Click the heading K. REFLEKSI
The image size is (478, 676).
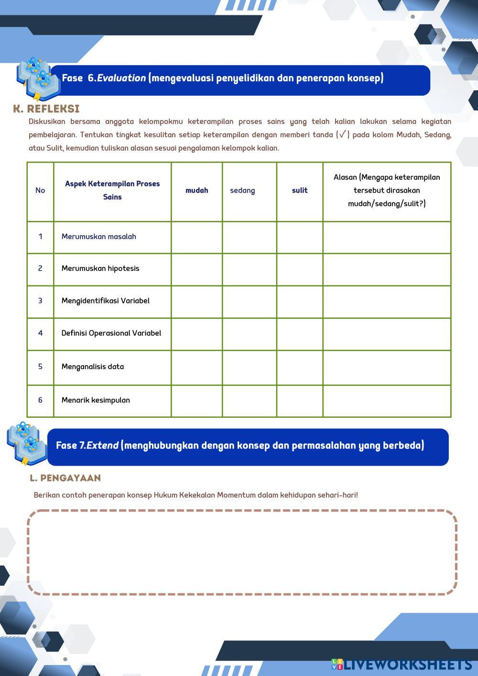pos(46,109)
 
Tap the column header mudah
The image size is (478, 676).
pos(197,191)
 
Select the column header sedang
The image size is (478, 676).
pos(242,191)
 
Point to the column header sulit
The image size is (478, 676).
pos(300,191)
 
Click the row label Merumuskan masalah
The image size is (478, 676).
pos(99,237)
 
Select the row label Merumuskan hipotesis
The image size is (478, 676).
pos(100,269)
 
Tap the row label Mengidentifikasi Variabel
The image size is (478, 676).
pos(106,301)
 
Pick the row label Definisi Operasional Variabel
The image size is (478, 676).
pos(111,333)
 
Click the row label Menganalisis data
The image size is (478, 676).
pos(93,367)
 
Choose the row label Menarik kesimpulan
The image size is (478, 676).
pos(96,400)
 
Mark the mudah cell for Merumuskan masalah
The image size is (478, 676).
pos(197,237)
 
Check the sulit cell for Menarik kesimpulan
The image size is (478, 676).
pos(300,401)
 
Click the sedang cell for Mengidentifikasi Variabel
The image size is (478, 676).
pos(249,302)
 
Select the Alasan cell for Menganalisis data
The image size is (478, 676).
pos(387,367)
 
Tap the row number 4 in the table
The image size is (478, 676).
pos(40,333)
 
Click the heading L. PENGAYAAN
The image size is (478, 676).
pos(65,478)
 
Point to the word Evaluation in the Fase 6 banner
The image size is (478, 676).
pos(121,78)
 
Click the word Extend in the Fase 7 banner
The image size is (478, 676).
pos(102,446)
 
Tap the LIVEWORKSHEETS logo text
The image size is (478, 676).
pos(408,665)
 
